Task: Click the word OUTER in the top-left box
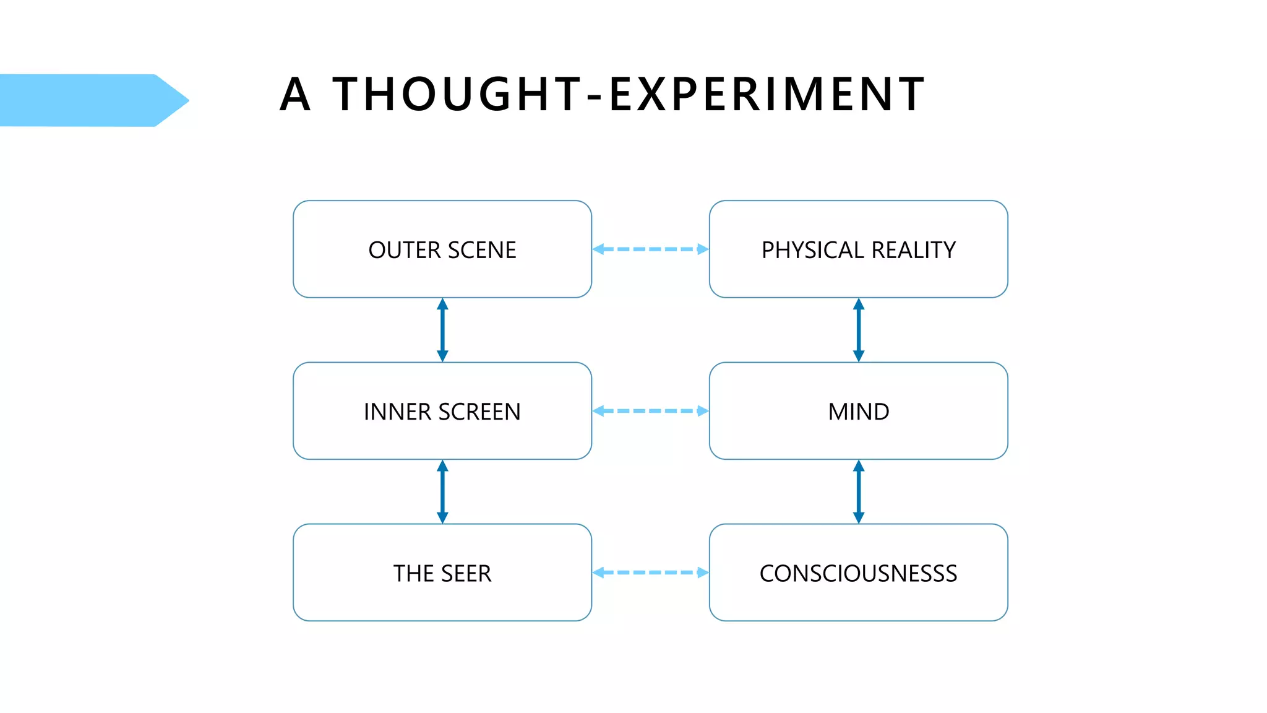pos(405,250)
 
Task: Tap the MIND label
pos(858,412)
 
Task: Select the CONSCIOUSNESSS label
pos(858,574)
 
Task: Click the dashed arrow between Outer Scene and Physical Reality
pos(650,249)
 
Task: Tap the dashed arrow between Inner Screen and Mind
pos(650,411)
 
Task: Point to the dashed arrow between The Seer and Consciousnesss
pos(650,573)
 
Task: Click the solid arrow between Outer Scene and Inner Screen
pos(442,330)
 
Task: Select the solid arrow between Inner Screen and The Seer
pos(442,491)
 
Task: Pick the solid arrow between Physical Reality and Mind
pos(858,330)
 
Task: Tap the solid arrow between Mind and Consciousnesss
pos(858,491)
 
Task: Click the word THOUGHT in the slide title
pos(458,95)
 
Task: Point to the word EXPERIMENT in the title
pos(767,95)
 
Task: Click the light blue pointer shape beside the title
pos(87,100)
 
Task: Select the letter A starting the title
pos(294,95)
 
